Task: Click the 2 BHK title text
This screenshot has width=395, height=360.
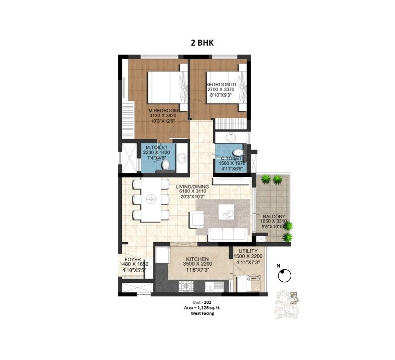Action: click(202, 43)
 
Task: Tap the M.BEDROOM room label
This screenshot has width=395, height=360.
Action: click(163, 110)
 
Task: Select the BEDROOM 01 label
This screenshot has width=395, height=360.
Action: click(221, 84)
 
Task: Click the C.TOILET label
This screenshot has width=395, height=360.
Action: click(232, 158)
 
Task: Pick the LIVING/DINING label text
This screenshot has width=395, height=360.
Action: click(192, 187)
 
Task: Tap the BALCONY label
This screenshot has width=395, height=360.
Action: click(273, 215)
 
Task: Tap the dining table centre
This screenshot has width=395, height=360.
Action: click(150, 199)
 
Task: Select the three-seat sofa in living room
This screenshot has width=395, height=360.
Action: click(228, 233)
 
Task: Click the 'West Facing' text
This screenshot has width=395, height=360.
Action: click(202, 313)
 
